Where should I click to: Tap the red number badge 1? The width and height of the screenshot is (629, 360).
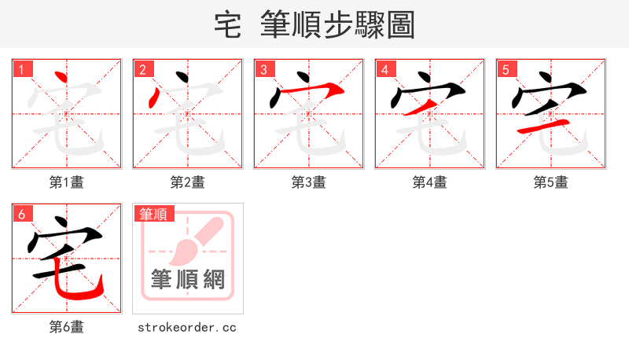point(21,70)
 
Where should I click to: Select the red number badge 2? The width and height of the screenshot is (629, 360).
point(142,70)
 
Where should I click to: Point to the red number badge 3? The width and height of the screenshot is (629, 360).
point(263,70)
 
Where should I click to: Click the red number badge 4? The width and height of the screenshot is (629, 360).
point(384,70)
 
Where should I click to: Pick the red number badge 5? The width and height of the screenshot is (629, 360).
point(506,70)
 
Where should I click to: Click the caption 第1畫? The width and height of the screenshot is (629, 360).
point(66,182)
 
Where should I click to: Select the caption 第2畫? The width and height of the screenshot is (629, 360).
point(187,182)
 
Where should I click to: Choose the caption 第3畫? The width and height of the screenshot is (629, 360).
point(308,182)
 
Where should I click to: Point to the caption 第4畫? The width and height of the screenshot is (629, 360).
point(429,182)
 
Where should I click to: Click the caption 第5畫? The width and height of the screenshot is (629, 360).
point(550,182)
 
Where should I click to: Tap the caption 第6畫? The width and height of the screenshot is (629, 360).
point(66,327)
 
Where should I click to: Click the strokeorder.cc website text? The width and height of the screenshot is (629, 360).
point(187,327)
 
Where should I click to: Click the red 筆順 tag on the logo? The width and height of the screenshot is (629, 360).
point(153,214)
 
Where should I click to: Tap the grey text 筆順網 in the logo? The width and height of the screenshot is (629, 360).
point(187,278)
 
